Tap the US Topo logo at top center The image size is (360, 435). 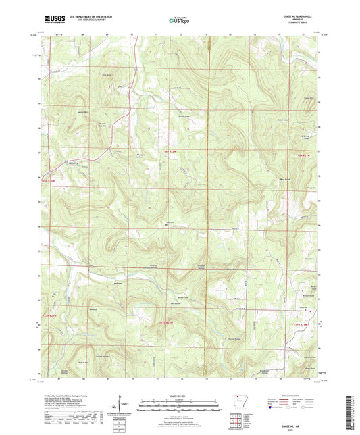click(178, 20)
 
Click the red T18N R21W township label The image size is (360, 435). click(302, 156)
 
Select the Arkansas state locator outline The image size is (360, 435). click(240, 401)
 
